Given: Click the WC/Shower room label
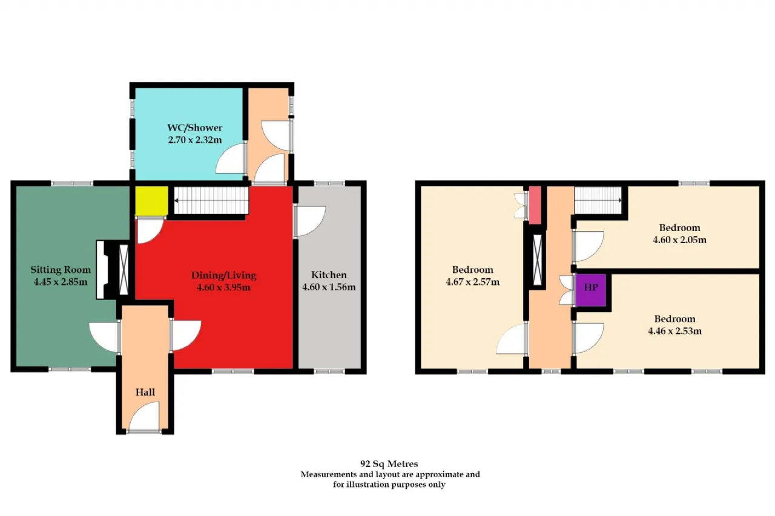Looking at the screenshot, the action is (195, 128).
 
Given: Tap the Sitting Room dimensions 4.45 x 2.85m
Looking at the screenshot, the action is (61, 282).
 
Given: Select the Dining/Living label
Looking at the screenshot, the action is (224, 275).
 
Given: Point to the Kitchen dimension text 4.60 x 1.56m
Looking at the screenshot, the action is (329, 287).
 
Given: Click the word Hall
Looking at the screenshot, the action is (145, 392).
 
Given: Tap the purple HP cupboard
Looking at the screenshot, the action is (591, 290).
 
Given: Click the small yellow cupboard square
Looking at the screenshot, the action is (151, 201).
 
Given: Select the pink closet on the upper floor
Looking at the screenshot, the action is (535, 205).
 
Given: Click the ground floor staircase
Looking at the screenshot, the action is (211, 200).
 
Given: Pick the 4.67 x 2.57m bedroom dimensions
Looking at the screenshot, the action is (473, 282).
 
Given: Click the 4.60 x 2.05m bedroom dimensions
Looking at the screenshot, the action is (679, 240).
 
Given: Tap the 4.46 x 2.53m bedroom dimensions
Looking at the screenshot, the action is (674, 331).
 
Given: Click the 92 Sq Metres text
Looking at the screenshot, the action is (389, 464).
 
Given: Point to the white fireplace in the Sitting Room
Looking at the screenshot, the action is (101, 270).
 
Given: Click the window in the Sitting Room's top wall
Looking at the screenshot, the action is (72, 183).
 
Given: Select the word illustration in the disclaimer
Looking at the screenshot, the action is (368, 485).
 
